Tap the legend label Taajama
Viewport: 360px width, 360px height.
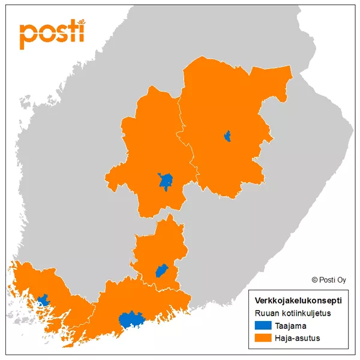290,326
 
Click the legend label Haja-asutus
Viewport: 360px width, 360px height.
298,338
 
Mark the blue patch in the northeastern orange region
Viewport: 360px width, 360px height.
227,137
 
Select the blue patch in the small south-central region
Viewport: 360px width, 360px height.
161,271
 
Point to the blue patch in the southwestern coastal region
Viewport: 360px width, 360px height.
42,299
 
